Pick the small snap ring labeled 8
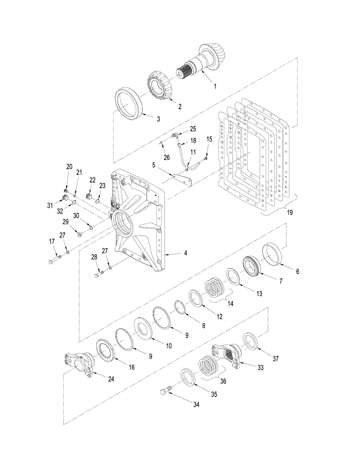click(x=179, y=307)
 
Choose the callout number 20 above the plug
click(x=69, y=167)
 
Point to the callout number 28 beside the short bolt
click(x=94, y=257)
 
